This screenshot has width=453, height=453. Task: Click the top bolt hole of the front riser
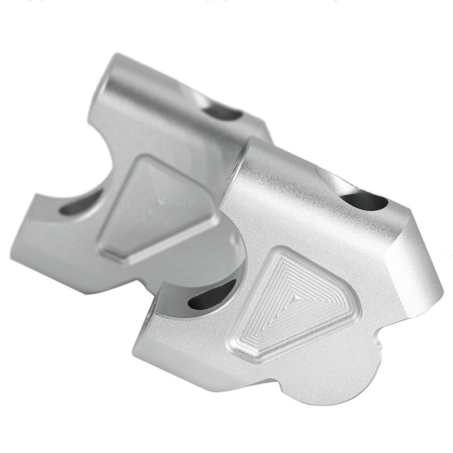click(364, 200)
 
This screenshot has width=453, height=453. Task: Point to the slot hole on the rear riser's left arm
click(80, 202)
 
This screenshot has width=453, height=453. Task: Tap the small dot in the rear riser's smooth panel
click(160, 201)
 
